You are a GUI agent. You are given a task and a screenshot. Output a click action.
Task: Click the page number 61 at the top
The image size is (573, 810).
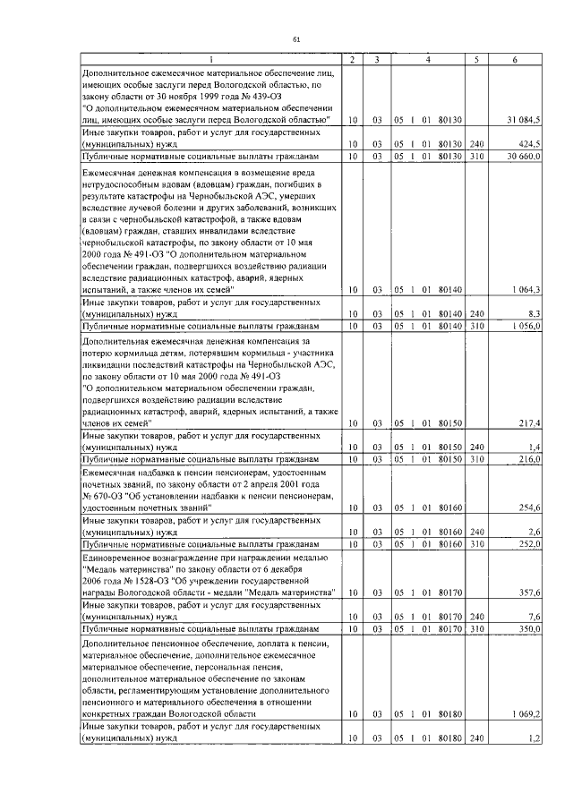[x=296, y=38]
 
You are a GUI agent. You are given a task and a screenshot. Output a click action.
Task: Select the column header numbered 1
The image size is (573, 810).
[x=211, y=59]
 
